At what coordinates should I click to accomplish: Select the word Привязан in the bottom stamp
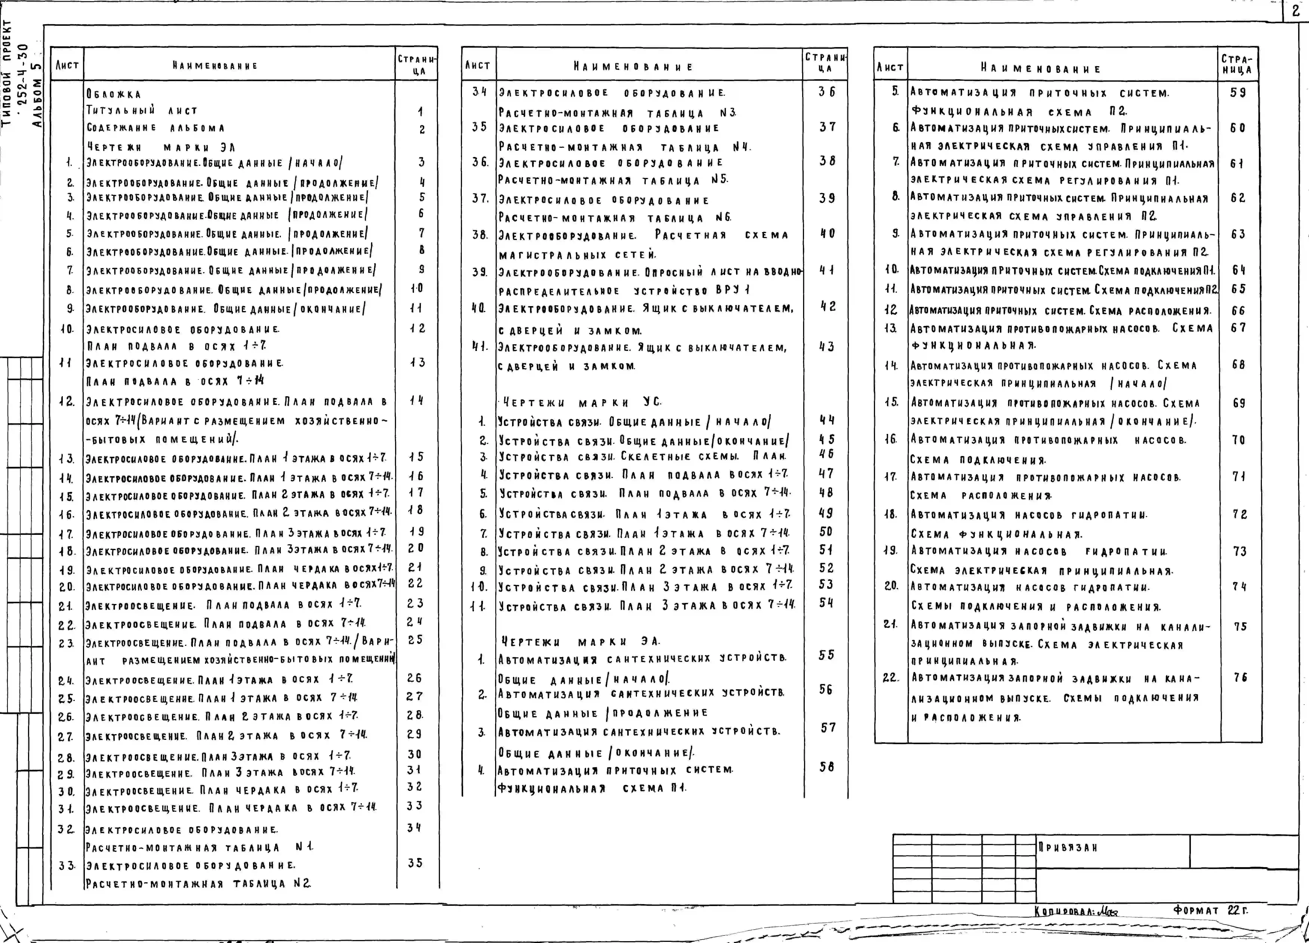point(1067,848)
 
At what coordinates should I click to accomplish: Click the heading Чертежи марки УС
point(582,402)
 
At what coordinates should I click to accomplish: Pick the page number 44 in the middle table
point(826,420)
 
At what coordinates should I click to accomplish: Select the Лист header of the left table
point(67,65)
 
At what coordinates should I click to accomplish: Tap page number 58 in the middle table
point(826,767)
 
